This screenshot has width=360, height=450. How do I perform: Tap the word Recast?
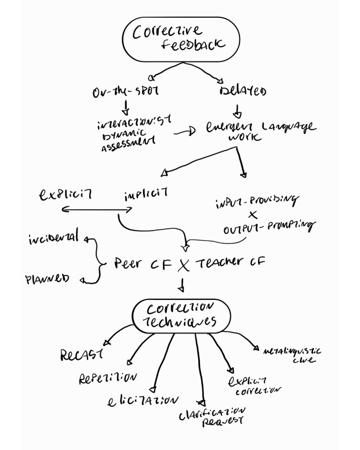pyautogui.click(x=79, y=356)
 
